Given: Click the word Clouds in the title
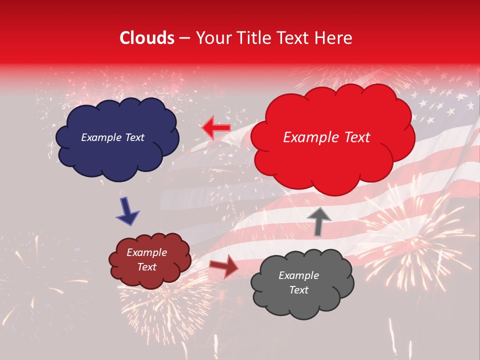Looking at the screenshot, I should pos(146,38).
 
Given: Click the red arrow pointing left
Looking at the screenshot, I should pos(216,128).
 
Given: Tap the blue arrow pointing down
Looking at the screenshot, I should pos(128,210).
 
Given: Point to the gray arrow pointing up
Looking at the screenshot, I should pos(318,221).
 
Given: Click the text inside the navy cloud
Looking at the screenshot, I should pos(113,137).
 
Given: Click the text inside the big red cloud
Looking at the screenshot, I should pos(326,137).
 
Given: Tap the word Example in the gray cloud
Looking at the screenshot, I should pos(298,275).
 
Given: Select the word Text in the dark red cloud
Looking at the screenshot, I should pos(147,267).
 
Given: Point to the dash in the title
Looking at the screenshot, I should pos(184,38).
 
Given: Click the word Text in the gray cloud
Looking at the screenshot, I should pos(298,290).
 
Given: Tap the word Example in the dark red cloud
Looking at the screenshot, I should pos(147,252).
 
